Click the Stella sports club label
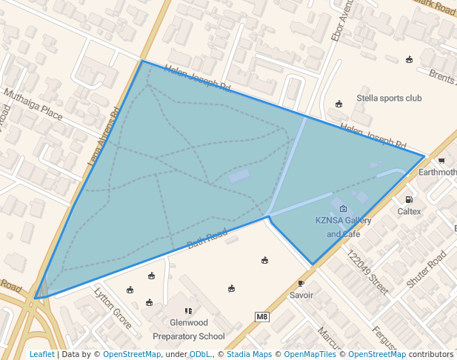[389, 98]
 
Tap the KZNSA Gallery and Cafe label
[344, 227]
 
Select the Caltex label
[409, 212]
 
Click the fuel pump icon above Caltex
[409, 199]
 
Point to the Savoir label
[301, 295]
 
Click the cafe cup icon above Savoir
[301, 283]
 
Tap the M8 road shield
[261, 317]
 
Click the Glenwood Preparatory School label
[188, 330]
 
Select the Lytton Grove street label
[113, 308]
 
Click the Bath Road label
[207, 238]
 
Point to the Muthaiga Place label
[33, 104]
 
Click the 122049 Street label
[367, 273]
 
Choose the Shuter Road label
[426, 269]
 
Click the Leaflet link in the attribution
[41, 354]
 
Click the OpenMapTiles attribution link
[310, 354]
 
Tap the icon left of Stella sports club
[339, 103]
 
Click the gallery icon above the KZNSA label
[343, 210]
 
